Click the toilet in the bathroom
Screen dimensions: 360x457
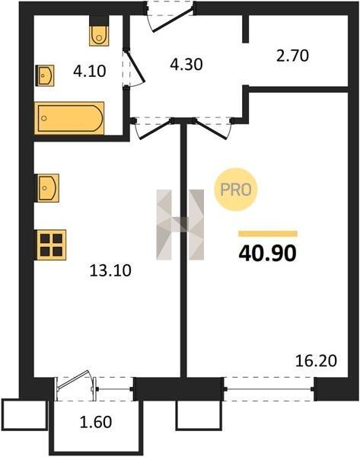(x=99, y=36)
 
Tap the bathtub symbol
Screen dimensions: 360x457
(x=69, y=118)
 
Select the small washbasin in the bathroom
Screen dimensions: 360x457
(x=45, y=75)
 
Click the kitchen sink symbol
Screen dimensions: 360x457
(x=47, y=187)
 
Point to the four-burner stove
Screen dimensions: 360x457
(x=51, y=244)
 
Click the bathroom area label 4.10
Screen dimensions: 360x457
(x=89, y=72)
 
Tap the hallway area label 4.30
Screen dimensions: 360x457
(x=186, y=65)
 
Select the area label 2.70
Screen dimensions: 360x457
(x=292, y=56)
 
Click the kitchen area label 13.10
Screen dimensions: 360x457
(x=110, y=270)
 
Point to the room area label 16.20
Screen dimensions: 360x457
(x=316, y=361)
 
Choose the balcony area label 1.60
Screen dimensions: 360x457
(x=96, y=422)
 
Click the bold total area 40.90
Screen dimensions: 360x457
(x=267, y=253)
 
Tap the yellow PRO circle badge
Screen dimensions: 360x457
(x=236, y=190)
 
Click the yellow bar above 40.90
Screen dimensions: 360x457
(x=268, y=234)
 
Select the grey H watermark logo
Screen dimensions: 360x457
(x=180, y=225)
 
